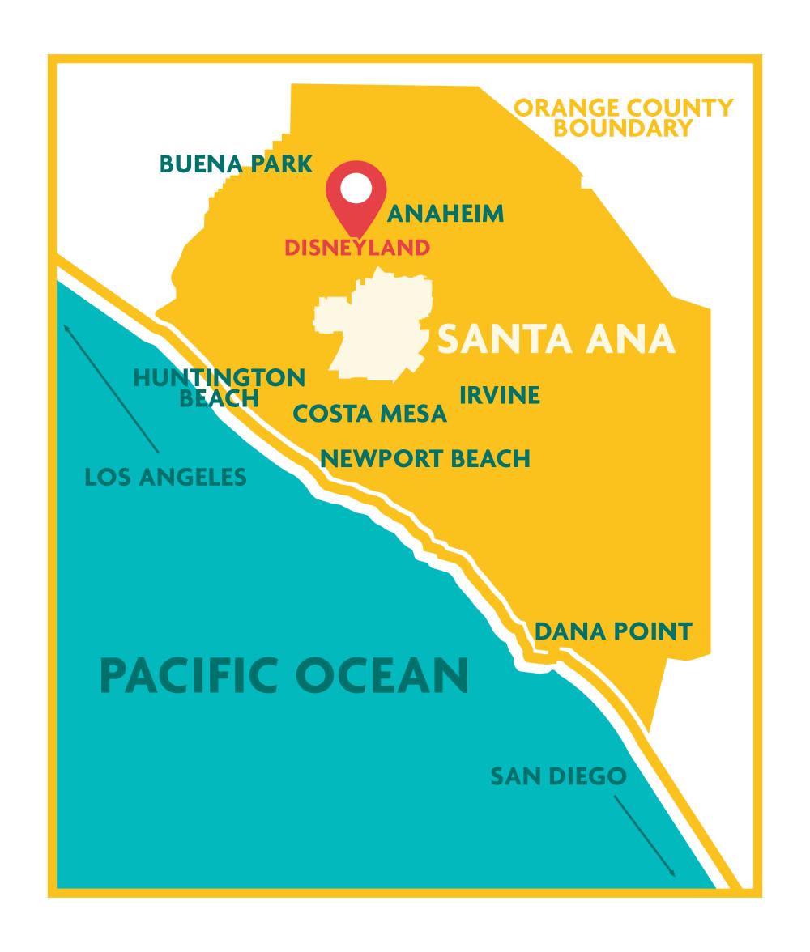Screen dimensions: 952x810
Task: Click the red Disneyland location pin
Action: pos(356,202)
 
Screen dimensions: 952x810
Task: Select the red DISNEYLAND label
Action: pos(356,248)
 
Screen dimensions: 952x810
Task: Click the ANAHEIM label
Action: pos(446,214)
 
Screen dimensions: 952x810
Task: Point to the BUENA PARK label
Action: pos(236,164)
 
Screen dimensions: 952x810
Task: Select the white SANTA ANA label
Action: pos(556,340)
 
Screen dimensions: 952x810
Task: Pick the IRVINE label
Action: pos(500,395)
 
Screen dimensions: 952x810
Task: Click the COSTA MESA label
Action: pos(370,414)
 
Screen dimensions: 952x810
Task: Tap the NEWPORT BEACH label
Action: pos(425,459)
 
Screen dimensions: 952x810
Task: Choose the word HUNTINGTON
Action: pos(219,377)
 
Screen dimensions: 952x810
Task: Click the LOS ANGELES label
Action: pos(165,477)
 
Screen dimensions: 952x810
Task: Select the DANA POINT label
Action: pos(614,631)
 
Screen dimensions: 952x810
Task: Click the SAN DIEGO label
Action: pos(558,777)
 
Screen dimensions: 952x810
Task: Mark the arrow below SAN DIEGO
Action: pos(644,835)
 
